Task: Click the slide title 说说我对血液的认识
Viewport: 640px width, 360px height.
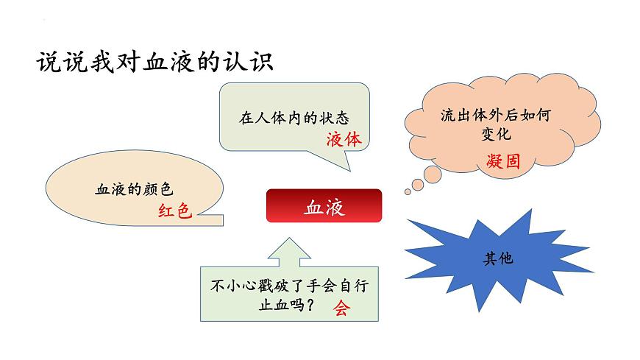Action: (154, 62)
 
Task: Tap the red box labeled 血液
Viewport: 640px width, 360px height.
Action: (324, 206)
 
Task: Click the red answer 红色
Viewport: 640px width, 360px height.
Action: (174, 211)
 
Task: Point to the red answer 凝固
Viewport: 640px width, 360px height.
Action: (502, 161)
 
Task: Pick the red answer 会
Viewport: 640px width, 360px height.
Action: (341, 308)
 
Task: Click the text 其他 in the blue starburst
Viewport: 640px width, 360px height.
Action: (497, 258)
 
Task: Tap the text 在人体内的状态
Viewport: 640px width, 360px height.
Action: (294, 117)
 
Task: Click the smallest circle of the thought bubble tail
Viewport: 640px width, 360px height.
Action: (408, 192)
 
